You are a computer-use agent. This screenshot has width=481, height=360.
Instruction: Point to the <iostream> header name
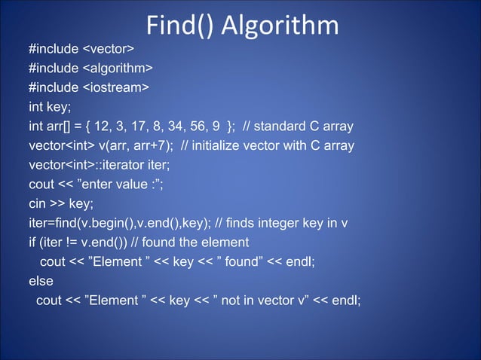[115, 88]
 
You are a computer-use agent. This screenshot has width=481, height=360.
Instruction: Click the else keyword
[41, 281]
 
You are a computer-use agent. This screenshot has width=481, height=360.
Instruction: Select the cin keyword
[38, 203]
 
